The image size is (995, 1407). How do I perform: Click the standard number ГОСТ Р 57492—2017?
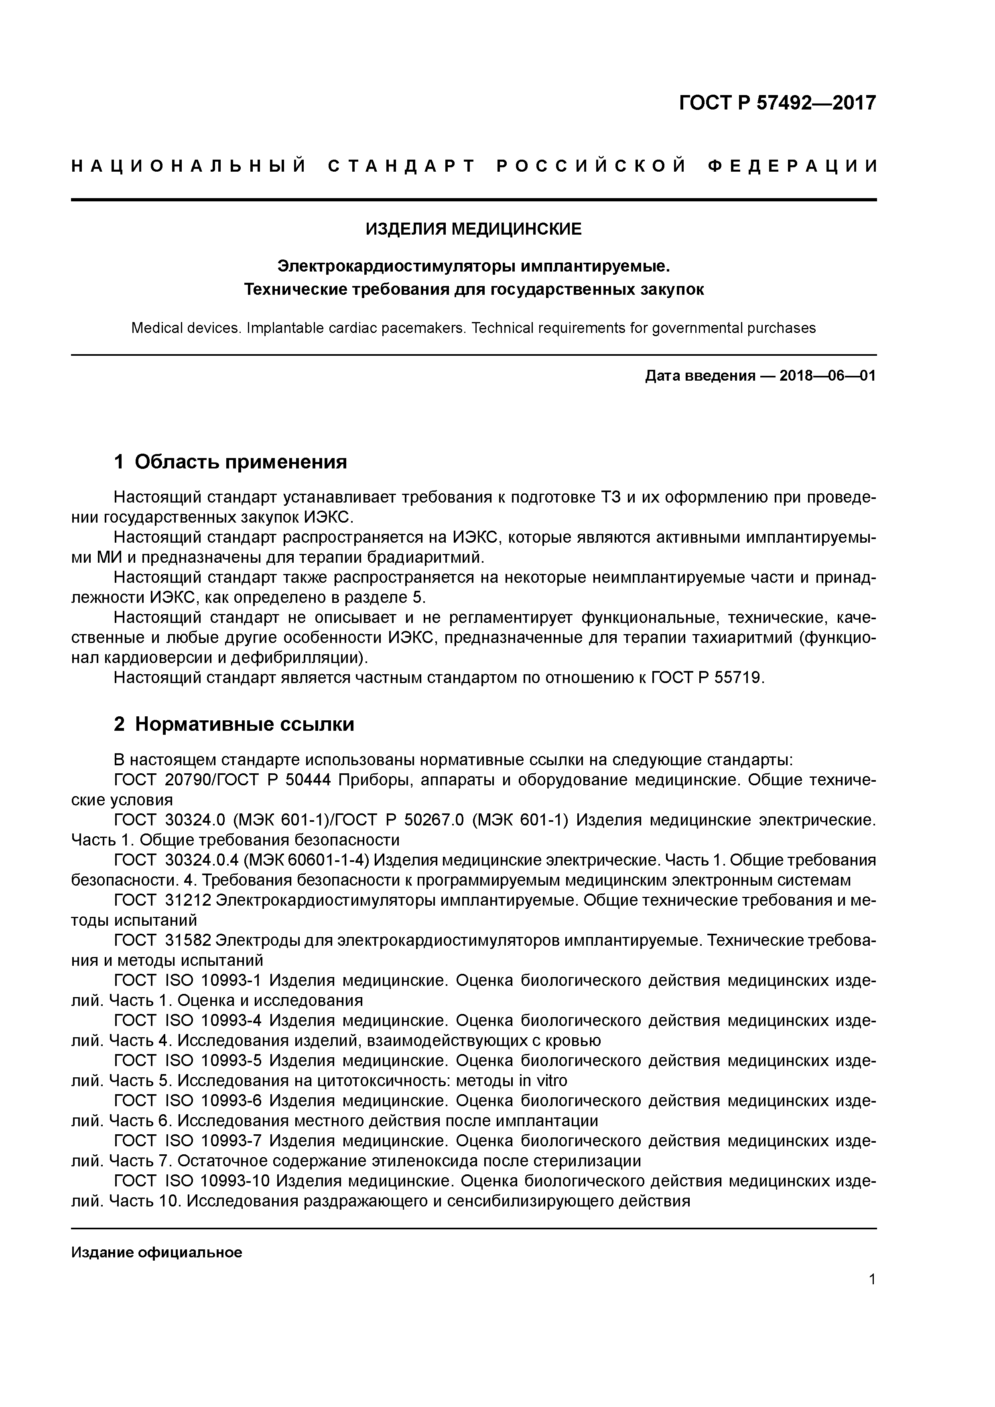(x=778, y=102)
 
